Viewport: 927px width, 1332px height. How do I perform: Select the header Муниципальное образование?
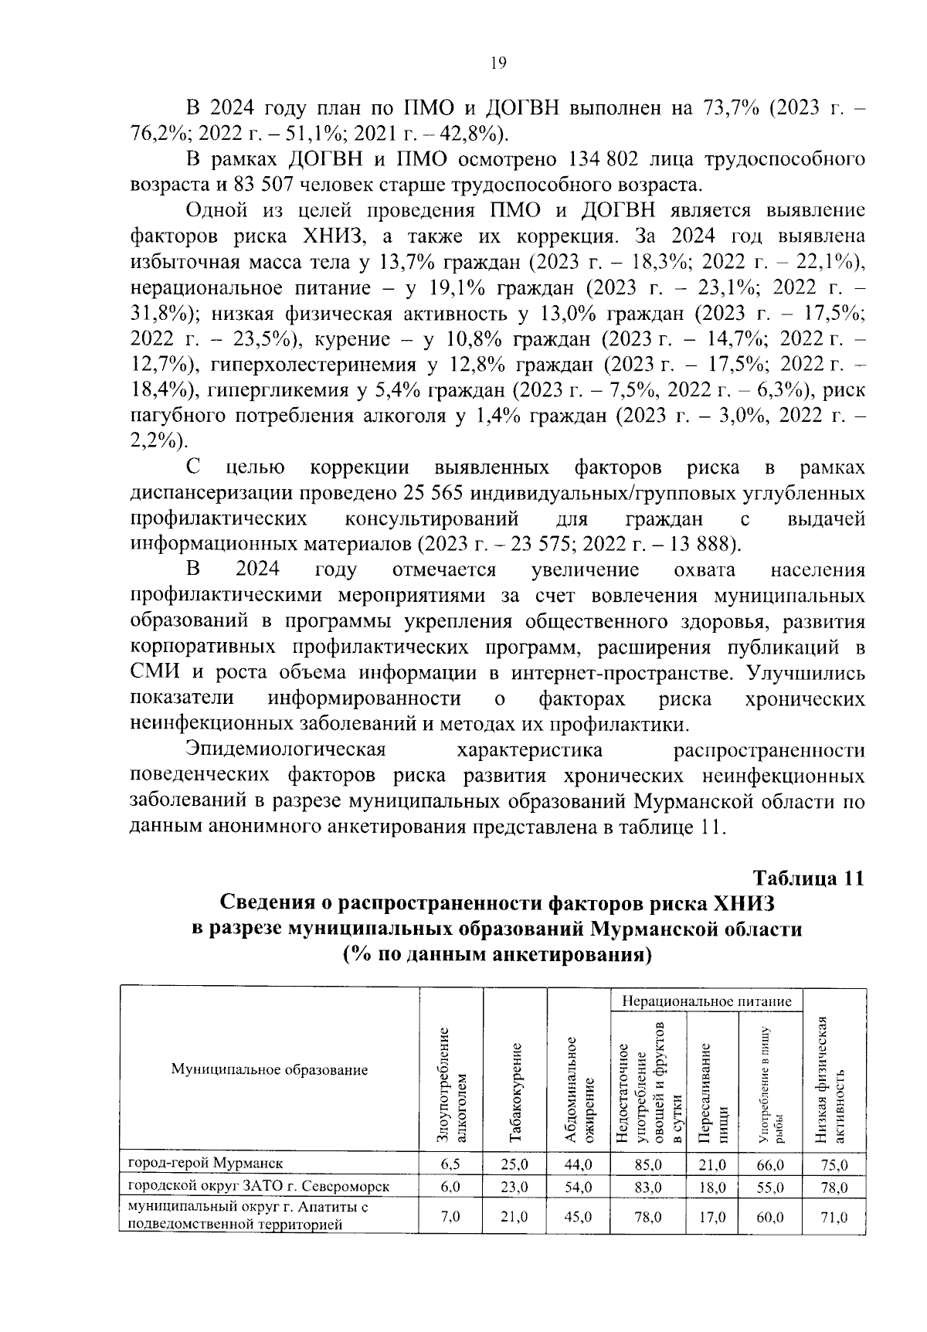(269, 1070)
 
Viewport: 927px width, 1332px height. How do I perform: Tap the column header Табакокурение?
(515, 1092)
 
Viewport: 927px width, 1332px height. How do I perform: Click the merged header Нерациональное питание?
(707, 1001)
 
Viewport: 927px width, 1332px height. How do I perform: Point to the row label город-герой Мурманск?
(205, 1163)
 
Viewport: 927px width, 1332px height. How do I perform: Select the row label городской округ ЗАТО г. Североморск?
(258, 1186)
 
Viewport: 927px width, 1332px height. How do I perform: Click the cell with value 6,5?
(450, 1164)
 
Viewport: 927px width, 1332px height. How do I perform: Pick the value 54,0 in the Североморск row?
(578, 1188)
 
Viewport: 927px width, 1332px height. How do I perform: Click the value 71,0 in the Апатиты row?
(834, 1216)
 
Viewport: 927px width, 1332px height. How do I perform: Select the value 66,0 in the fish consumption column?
(770, 1164)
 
